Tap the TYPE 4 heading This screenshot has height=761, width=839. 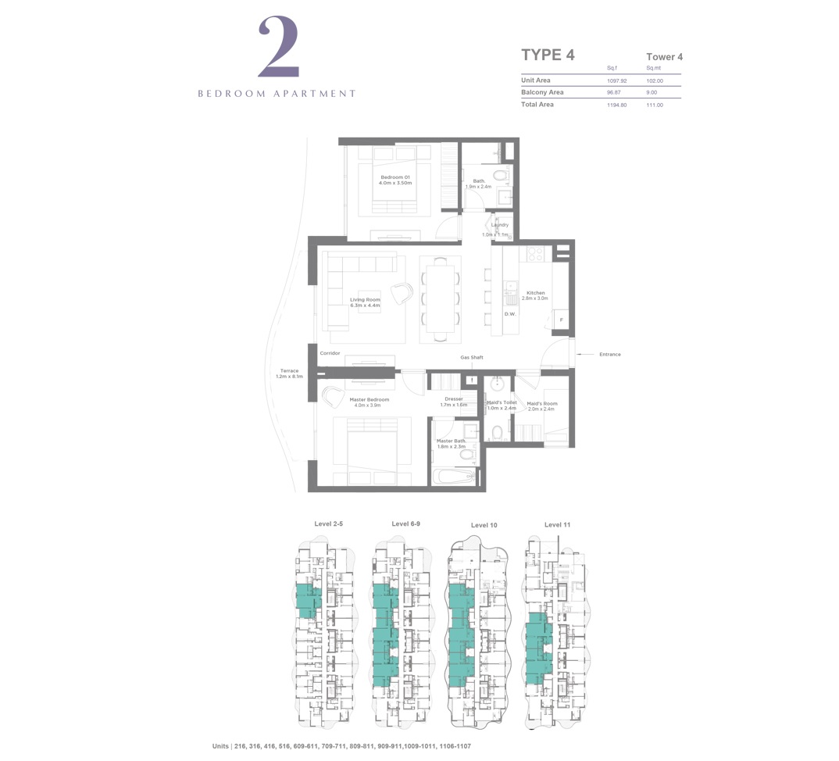point(548,55)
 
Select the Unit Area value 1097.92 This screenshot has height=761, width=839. point(617,80)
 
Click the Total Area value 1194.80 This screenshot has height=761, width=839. point(617,105)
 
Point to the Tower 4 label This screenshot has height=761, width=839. point(664,57)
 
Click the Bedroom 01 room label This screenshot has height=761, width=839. point(395,180)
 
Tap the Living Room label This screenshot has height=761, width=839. point(365,302)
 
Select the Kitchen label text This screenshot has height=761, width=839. point(535,295)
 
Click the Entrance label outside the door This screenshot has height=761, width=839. point(609,355)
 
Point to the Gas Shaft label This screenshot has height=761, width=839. point(471,358)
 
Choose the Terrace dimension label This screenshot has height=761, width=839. point(288,373)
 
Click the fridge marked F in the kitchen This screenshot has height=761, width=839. point(560,320)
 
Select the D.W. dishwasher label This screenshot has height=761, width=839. point(509,314)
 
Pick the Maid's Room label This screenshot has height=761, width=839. point(541,406)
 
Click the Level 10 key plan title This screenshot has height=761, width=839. point(484,525)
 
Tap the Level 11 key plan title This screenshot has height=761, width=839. point(557,524)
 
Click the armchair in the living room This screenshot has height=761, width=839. point(402,294)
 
